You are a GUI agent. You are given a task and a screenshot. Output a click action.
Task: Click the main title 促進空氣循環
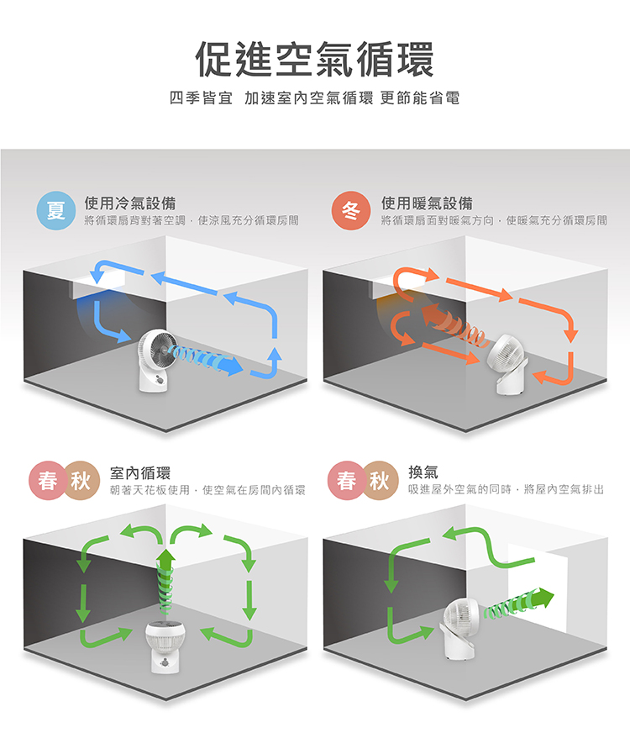315,59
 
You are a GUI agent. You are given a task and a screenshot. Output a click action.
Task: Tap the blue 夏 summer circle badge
56,210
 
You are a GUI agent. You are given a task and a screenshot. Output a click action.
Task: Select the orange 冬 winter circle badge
351,210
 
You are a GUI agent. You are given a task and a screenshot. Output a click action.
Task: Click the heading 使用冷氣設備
130,203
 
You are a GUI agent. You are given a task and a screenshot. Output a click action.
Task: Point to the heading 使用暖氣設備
427,203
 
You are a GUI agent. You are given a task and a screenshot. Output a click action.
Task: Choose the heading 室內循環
140,473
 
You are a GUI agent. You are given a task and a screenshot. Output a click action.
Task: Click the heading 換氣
423,472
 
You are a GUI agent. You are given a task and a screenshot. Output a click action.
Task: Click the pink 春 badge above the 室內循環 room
48,481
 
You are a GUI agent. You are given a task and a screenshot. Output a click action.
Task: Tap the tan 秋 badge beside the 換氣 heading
379,480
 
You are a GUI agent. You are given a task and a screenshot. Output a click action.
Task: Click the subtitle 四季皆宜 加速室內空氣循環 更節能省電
315,98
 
